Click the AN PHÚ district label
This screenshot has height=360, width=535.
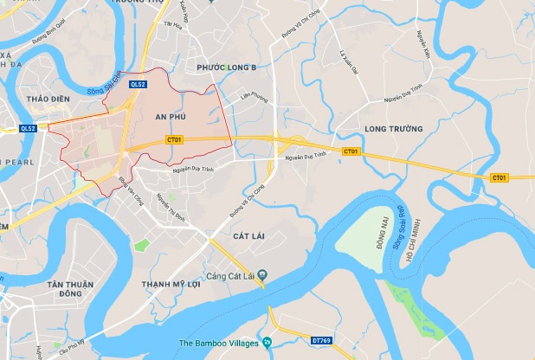tap(171, 115)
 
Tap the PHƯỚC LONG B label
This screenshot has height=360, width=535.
tap(227, 67)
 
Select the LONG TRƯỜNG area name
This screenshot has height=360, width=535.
tap(394, 129)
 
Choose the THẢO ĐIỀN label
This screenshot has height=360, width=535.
tap(48, 99)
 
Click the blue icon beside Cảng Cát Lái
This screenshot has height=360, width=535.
tap(263, 276)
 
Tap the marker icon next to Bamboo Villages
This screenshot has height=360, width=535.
tap(267, 344)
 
